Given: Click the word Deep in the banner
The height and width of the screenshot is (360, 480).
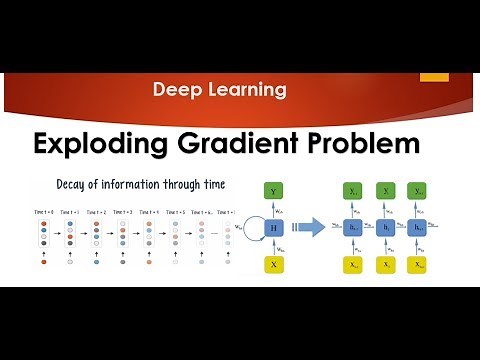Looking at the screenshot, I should point(175,90).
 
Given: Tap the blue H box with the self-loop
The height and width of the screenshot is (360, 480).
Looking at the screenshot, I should point(273,228).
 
